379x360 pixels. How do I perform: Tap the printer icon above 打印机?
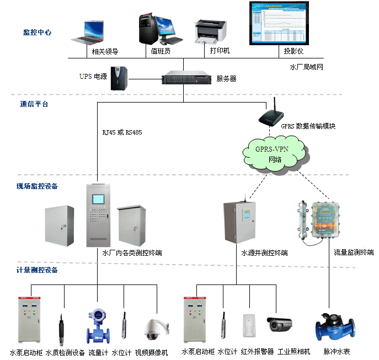[x=210, y=32]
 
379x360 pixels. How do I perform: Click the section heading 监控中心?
[x=38, y=33]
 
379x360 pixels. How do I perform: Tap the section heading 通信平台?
[x=34, y=104]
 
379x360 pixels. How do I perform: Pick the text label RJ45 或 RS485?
[x=122, y=132]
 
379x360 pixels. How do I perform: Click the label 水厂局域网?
[x=306, y=67]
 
